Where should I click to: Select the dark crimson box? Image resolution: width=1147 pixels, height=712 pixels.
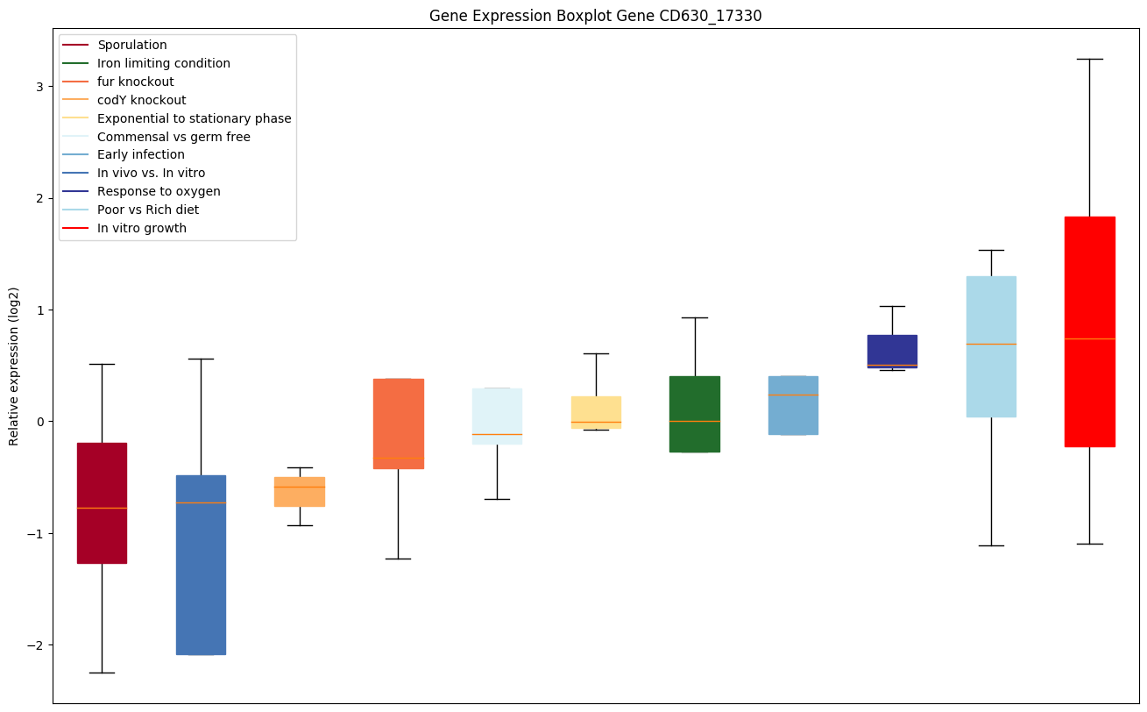pyautogui.click(x=102, y=502)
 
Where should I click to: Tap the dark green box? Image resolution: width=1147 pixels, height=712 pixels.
pyautogui.click(x=695, y=414)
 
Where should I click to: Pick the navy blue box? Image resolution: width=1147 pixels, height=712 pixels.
pyautogui.click(x=892, y=351)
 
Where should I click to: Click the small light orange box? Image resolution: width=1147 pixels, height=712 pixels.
pyautogui.click(x=300, y=492)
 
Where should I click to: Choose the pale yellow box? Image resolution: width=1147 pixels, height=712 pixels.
pyautogui.click(x=596, y=412)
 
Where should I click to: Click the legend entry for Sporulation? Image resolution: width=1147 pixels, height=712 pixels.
pyautogui.click(x=132, y=45)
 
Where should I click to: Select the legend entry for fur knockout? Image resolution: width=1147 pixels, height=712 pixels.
pyautogui.click(x=136, y=82)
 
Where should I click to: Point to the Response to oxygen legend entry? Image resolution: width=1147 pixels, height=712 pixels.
pyautogui.click(x=159, y=191)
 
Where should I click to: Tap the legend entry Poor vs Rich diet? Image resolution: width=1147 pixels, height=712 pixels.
pyautogui.click(x=148, y=210)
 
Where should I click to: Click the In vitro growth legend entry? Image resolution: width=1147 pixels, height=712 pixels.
pyautogui.click(x=142, y=228)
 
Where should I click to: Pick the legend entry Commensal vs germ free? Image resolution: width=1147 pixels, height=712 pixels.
pyautogui.click(x=173, y=137)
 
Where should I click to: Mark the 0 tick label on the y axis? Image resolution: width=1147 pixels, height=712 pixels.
pyautogui.click(x=40, y=422)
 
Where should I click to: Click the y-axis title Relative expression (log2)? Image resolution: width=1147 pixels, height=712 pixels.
pyautogui.click(x=14, y=367)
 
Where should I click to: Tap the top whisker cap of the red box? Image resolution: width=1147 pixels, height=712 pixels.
pyautogui.click(x=1089, y=59)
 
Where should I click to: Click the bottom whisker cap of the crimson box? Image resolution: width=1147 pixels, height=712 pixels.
pyautogui.click(x=102, y=673)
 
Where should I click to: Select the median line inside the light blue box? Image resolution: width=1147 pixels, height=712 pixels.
pyautogui.click(x=991, y=344)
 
